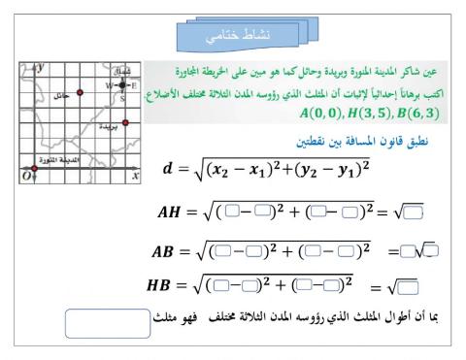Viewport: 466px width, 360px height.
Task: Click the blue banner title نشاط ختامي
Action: tap(232, 38)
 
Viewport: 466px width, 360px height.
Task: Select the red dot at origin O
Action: tap(35, 169)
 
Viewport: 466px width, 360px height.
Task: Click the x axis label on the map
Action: tap(135, 176)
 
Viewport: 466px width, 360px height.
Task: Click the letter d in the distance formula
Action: tap(168, 169)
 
